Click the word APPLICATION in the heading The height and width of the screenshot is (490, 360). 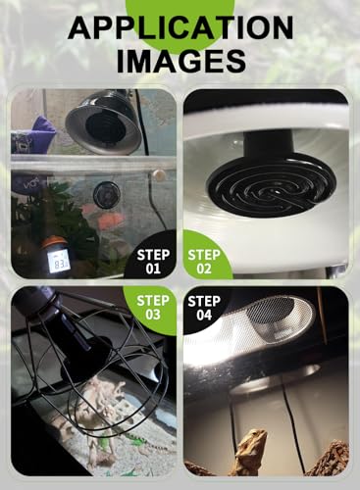[x=180, y=27]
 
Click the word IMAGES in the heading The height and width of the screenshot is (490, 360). [x=181, y=61]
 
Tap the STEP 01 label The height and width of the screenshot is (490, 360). [x=153, y=262]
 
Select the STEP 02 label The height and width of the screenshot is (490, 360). [x=204, y=262]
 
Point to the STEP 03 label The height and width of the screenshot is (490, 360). [x=153, y=308]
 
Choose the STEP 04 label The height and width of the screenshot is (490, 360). [x=204, y=308]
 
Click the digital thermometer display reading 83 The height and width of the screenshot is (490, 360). [x=59, y=263]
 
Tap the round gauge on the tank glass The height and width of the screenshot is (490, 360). [x=107, y=195]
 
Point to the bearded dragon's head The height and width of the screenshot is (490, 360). [x=255, y=439]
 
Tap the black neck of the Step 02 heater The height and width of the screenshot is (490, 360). [x=268, y=143]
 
